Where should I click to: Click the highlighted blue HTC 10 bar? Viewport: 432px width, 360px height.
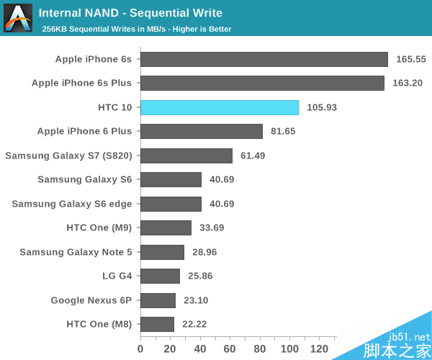[x=220, y=107]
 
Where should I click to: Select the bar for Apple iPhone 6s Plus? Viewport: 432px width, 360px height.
[x=262, y=83]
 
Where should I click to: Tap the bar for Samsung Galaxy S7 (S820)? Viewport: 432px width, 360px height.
[x=186, y=156]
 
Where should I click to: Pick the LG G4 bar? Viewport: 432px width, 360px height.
[x=160, y=276]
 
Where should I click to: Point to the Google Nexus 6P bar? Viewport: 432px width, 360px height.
[x=158, y=300]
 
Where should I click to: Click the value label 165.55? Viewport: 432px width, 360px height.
[x=411, y=59]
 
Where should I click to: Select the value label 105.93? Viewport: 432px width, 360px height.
[x=322, y=107]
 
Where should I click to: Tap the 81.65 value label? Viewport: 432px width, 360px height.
[x=283, y=131]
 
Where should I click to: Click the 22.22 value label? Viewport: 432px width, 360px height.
[x=194, y=324]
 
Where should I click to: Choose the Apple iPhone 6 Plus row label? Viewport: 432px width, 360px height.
[x=85, y=131]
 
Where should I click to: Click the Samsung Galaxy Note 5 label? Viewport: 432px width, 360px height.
[x=76, y=252]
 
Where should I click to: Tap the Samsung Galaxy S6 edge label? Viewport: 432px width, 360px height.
[x=72, y=204]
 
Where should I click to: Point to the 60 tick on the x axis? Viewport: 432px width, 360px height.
[x=230, y=349]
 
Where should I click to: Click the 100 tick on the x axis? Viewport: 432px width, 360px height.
[x=289, y=349]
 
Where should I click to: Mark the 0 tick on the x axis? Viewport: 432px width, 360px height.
[x=140, y=349]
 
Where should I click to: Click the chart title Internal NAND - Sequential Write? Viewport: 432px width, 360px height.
[x=130, y=13]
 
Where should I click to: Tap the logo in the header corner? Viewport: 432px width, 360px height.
[x=17, y=17]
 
